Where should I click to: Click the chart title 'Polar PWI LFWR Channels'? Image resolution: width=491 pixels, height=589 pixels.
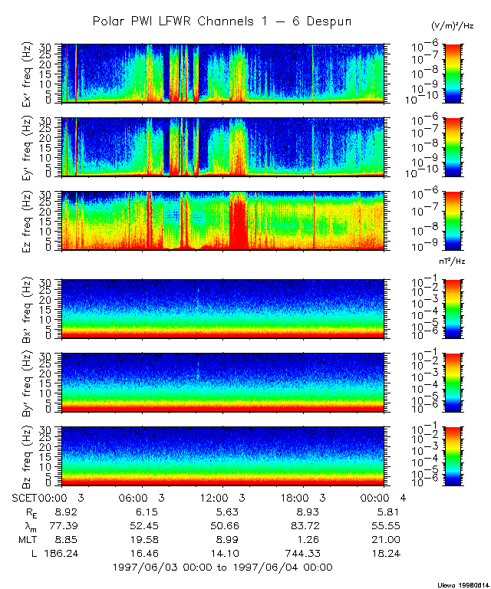222,21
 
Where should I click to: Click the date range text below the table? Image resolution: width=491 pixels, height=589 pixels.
222,567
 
